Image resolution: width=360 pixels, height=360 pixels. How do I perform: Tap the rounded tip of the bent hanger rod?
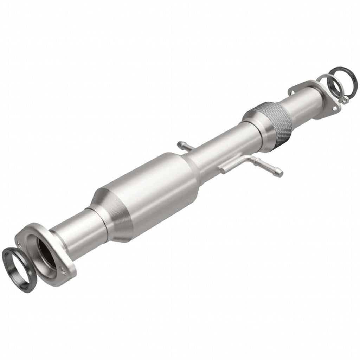coord(279,173)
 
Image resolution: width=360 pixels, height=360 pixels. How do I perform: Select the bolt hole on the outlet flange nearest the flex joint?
coord(291,92)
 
